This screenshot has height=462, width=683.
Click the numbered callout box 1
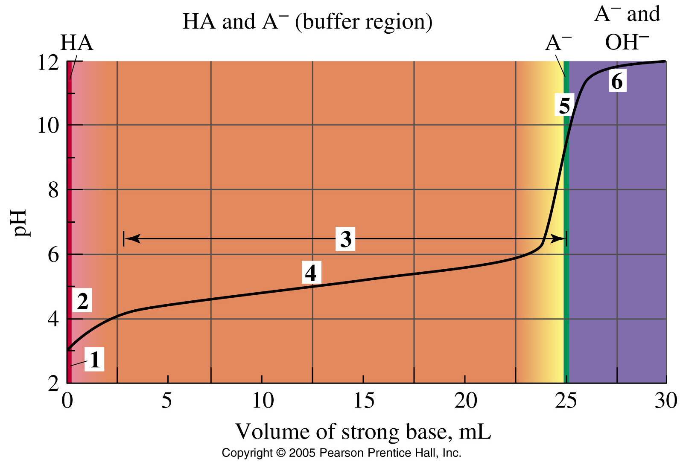click(x=94, y=359)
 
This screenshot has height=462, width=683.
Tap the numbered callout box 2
click(x=82, y=301)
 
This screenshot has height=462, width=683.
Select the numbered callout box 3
click(x=345, y=239)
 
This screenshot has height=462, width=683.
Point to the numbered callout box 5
click(x=564, y=105)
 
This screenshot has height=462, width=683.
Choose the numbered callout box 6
click(x=617, y=81)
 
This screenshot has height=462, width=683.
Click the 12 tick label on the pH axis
click(x=48, y=63)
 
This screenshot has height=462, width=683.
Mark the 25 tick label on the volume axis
click(x=566, y=401)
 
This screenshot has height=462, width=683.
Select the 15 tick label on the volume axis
click(x=364, y=401)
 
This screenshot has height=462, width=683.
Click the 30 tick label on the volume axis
click(x=665, y=401)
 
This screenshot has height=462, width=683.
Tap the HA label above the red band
click(x=76, y=43)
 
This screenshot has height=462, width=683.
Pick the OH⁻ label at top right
click(x=626, y=42)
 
